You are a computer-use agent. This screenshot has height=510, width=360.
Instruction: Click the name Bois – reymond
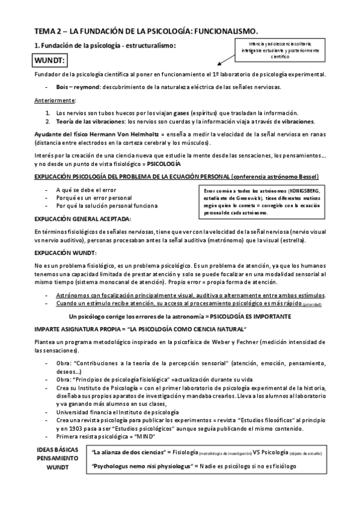[77, 87]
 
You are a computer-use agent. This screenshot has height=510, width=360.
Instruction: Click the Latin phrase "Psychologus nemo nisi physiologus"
[138, 465]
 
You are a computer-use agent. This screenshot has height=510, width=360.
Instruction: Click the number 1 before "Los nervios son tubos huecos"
[48, 112]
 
